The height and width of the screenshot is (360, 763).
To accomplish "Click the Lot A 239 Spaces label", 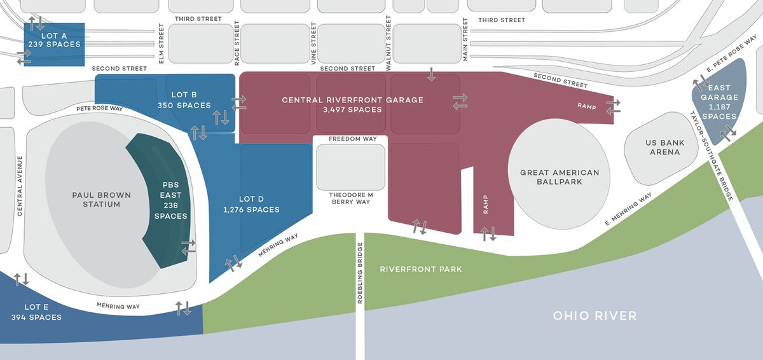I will click(54, 39).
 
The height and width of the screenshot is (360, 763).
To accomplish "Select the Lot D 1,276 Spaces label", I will click(251, 204).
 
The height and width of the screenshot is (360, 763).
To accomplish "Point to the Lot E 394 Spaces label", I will click(36, 312).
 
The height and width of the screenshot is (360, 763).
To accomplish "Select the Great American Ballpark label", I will click(560, 177).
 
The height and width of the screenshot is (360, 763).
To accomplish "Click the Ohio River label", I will click(595, 316).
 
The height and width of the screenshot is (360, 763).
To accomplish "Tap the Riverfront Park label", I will click(421, 269).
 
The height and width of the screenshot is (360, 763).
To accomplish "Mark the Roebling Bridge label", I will click(360, 273).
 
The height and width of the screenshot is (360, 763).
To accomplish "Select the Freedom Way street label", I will click(353, 139).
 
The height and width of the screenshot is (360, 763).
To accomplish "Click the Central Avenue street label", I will click(20, 186).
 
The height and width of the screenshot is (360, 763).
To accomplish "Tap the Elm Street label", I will click(162, 45).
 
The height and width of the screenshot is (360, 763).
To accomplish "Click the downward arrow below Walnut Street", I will click(432, 74).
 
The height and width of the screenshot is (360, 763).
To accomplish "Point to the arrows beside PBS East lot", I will click(188, 247).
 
